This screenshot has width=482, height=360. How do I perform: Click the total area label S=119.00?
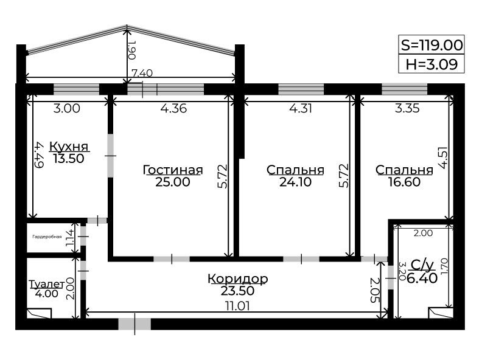click(431, 45)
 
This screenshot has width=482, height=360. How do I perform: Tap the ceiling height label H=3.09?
click(431, 64)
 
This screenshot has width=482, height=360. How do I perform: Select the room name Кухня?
click(69, 146)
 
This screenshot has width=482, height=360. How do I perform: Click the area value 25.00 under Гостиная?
click(172, 182)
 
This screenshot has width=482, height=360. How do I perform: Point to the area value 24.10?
click(295, 182)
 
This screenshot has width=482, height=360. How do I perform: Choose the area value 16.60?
click(404, 182)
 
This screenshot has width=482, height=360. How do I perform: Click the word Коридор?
click(237, 279)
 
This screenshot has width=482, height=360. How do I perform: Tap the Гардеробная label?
click(47, 237)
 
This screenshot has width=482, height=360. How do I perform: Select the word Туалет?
click(46, 284)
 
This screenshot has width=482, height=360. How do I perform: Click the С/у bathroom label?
click(422, 265)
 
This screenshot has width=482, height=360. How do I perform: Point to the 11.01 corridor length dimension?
click(237, 306)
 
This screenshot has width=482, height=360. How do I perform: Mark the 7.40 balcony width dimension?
click(142, 73)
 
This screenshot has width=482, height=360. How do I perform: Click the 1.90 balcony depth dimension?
click(131, 50)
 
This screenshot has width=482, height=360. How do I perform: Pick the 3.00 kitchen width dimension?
click(67, 108)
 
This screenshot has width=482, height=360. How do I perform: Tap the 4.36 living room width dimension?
click(173, 108)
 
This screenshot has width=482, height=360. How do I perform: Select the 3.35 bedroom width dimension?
click(407, 108)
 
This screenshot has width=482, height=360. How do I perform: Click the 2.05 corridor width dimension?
click(375, 290)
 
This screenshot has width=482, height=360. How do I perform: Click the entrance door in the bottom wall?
click(134, 324)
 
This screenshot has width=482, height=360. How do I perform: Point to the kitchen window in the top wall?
click(76, 89)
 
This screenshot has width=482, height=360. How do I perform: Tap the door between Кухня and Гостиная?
click(110, 156)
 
